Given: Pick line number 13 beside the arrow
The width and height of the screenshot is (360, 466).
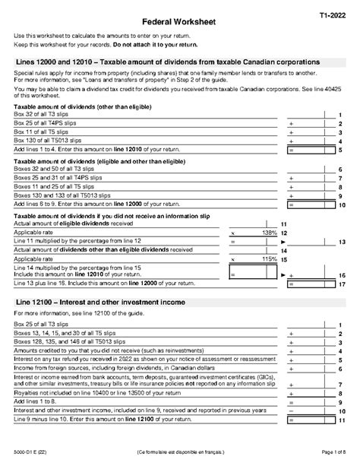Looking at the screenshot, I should (x=342, y=241).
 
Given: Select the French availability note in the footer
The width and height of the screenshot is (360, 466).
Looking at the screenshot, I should (x=180, y=454).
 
